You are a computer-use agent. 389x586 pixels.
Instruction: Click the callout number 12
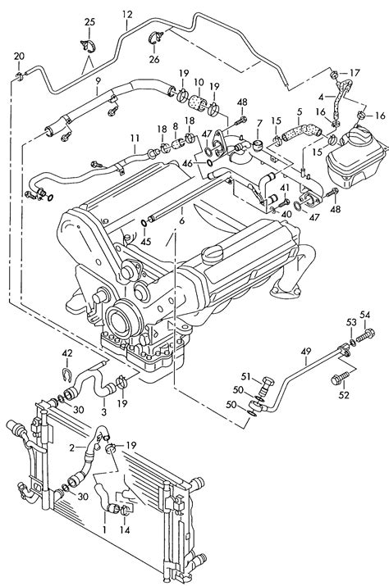click(x=127, y=15)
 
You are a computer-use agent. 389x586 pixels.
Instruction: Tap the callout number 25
click(x=89, y=22)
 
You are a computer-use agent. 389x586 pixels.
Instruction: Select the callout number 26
click(x=154, y=59)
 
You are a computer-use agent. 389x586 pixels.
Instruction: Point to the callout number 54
click(x=365, y=315)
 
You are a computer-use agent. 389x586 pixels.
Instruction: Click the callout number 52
click(x=344, y=395)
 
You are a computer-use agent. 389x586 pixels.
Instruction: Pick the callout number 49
click(x=306, y=352)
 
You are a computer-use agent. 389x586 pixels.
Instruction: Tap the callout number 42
click(x=67, y=353)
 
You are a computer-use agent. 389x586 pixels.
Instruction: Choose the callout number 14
click(x=125, y=530)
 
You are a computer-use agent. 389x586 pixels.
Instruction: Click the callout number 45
click(x=145, y=242)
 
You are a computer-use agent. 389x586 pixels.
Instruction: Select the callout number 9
click(x=98, y=80)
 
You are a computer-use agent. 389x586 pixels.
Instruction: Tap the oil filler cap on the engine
click(x=213, y=254)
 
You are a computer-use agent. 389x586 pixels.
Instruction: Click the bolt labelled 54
click(x=365, y=334)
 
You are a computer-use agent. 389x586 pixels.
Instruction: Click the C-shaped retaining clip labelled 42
click(x=66, y=375)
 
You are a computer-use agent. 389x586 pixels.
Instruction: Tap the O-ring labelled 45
click(x=144, y=224)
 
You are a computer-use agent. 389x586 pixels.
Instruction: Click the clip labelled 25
click(x=88, y=44)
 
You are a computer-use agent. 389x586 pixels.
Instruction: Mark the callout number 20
click(x=20, y=57)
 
